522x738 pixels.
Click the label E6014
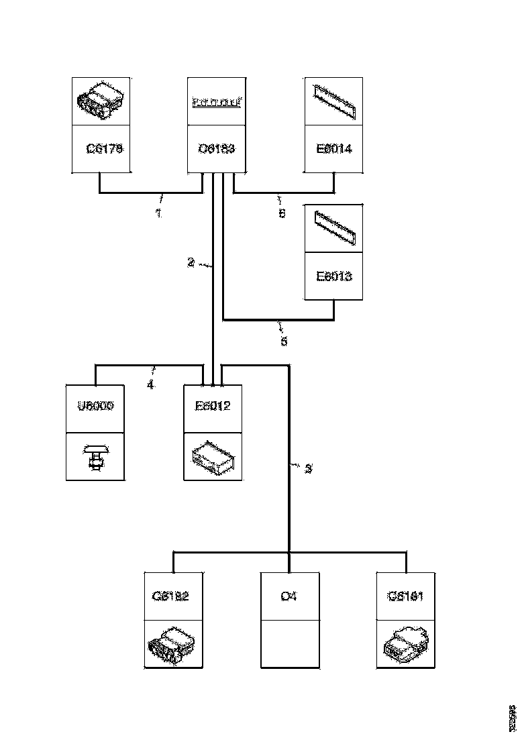pos(334,149)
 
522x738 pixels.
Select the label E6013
pos(334,276)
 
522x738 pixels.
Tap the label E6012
pos(213,407)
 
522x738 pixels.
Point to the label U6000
pos(95,407)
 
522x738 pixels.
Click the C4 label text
pos(289,595)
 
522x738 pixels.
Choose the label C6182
pos(173,595)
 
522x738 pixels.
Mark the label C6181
pos(405,595)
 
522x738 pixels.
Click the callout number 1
pos(158,213)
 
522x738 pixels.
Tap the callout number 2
pos(191,263)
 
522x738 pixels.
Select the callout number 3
pos(308,469)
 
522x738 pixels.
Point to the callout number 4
pos(150,385)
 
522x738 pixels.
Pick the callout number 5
pos(284,341)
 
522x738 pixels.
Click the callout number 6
pos(282,213)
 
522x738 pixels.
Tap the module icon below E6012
pos(213,458)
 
